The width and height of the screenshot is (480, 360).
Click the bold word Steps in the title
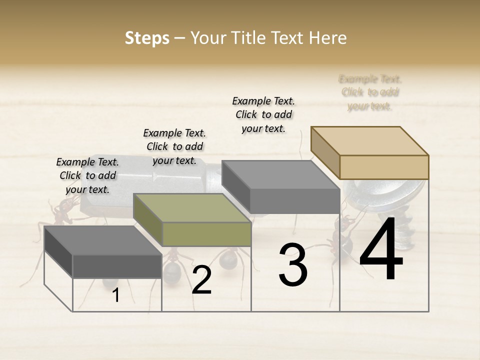tap(147, 38)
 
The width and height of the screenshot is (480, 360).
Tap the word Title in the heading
tap(248, 38)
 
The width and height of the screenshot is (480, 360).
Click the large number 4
tap(381, 250)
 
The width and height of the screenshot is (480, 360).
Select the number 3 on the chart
tap(293, 265)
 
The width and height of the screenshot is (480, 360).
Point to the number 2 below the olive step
tap(201, 280)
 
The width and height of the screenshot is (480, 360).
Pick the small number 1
tap(116, 295)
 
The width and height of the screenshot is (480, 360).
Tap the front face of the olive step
tap(206, 234)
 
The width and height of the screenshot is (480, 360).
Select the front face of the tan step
tap(384, 167)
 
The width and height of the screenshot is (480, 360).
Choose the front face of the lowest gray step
tap(117, 266)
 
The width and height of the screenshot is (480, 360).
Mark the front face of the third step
tap(295, 201)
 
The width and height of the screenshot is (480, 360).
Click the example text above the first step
tap(87, 175)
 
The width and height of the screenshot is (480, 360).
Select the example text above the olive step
tap(174, 146)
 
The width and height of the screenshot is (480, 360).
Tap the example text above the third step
tap(263, 114)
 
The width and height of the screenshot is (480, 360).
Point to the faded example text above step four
tap(370, 92)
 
